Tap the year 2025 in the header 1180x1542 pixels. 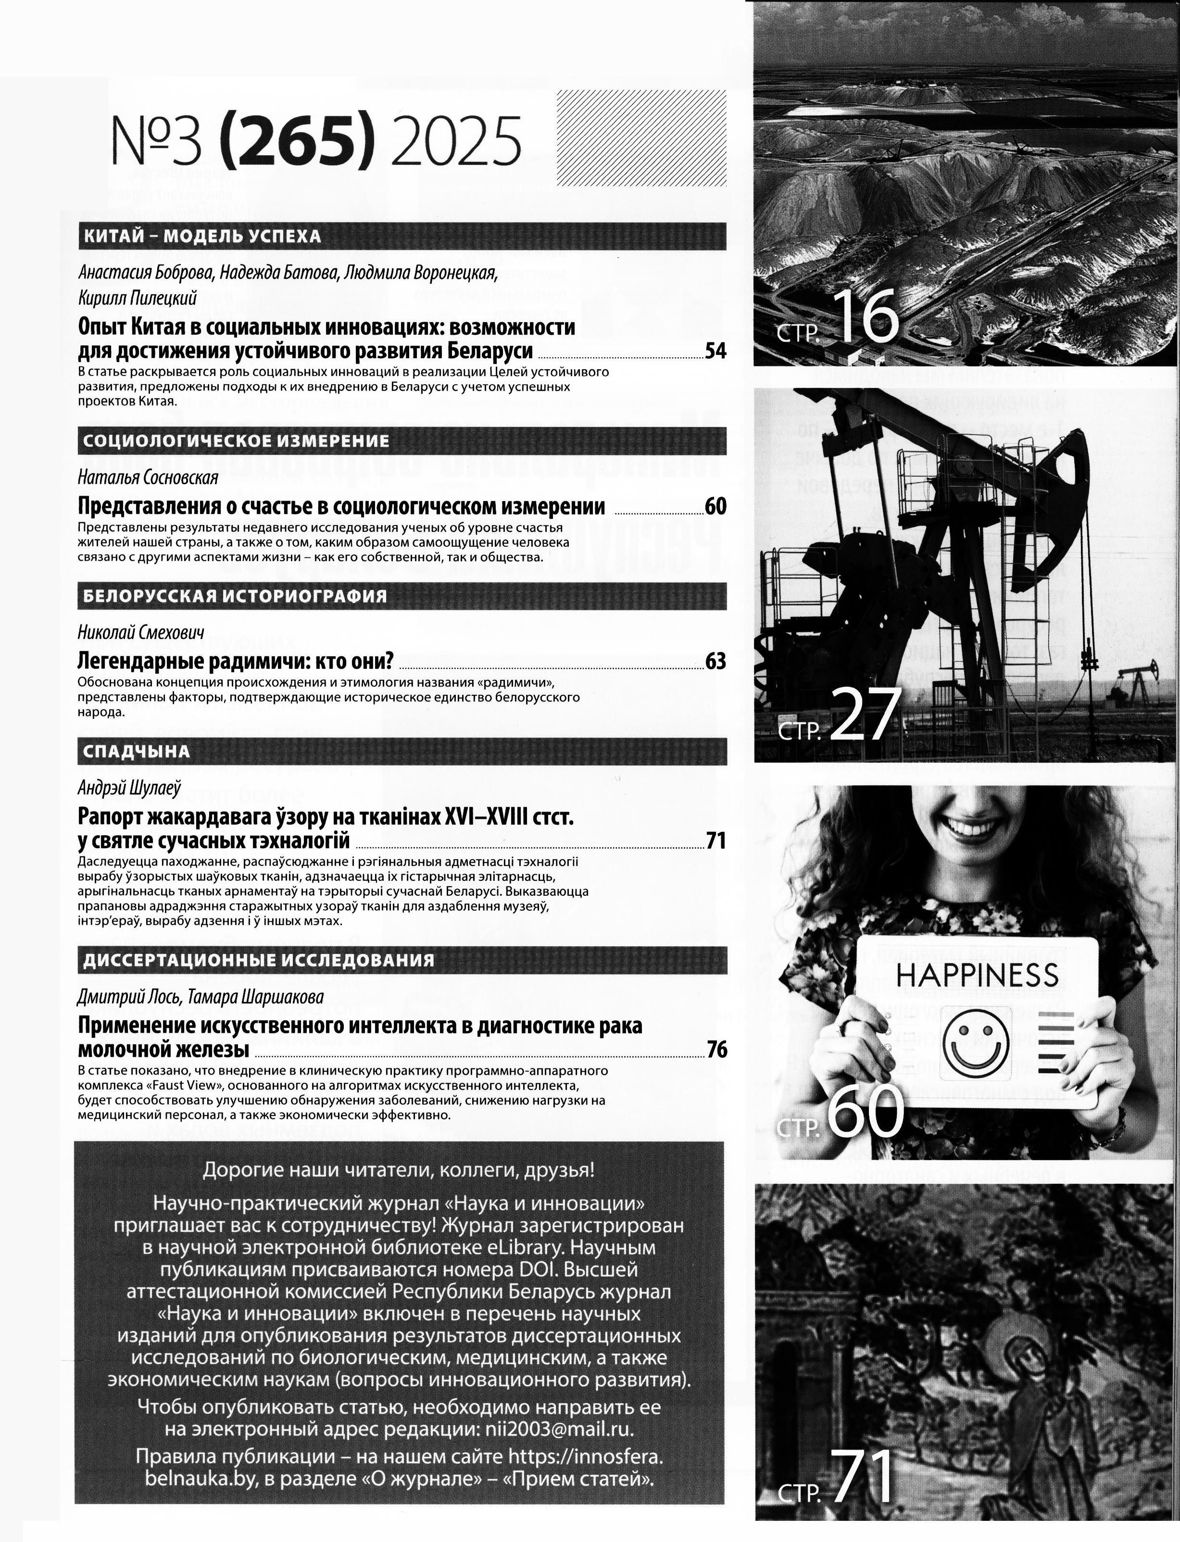456,140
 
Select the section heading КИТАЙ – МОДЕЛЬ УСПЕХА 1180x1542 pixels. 202,236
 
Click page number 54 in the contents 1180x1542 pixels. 715,351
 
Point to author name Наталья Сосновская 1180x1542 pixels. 148,477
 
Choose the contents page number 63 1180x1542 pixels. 715,661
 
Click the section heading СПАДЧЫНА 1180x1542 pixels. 136,752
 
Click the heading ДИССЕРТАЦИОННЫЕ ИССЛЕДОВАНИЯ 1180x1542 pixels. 259,960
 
